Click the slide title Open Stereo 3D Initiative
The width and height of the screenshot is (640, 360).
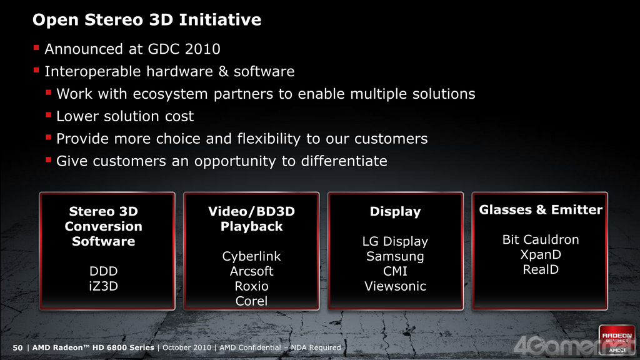147,20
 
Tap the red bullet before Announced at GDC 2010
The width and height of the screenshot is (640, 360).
36,48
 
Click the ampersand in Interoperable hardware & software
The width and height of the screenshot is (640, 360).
223,71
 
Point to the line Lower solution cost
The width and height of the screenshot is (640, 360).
125,116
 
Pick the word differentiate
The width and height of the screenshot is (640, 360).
344,161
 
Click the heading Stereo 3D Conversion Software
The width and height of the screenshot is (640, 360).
104,226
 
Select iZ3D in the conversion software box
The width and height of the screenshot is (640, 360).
104,286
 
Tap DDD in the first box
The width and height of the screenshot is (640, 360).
104,271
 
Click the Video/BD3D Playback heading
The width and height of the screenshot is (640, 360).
251,219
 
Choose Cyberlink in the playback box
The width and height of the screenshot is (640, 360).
251,256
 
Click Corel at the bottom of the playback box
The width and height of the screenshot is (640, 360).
251,301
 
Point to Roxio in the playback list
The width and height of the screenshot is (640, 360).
251,286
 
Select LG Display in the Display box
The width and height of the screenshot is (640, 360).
395,242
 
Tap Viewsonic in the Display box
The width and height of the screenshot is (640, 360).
395,286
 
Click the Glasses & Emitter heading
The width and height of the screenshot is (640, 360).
541,210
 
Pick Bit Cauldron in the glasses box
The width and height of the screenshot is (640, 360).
541,239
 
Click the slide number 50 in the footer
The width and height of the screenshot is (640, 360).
17,347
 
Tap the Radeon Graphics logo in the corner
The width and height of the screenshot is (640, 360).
617,340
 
